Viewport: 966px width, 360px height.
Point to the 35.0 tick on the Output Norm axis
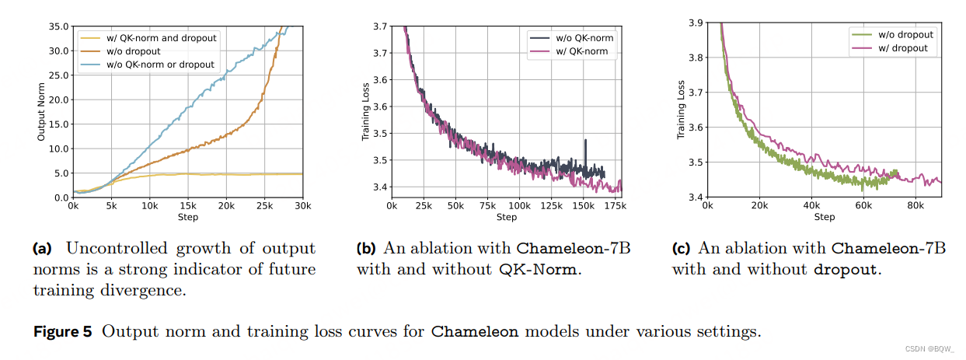click(x=57, y=26)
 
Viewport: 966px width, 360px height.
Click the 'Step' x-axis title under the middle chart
click(x=506, y=217)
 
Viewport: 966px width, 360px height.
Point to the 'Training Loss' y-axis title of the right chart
click(x=681, y=110)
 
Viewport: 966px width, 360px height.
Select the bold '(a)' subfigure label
click(x=42, y=249)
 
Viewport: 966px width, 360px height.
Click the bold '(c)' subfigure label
click(x=681, y=249)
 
